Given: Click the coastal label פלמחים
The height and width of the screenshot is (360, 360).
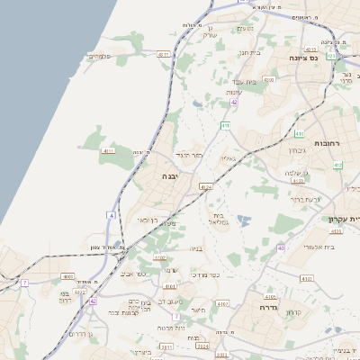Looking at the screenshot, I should pyautogui.click(x=99, y=57).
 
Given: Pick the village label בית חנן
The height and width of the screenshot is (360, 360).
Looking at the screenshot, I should pyautogui.click(x=249, y=52).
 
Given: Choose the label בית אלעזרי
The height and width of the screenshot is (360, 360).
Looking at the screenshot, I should pyautogui.click(x=317, y=245).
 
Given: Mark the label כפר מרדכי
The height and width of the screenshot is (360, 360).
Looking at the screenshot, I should pyautogui.click(x=206, y=273).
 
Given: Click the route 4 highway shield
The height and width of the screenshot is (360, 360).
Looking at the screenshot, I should pyautogui.click(x=110, y=215).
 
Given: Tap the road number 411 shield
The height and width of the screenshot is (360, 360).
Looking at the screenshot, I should pyautogui.click(x=224, y=125).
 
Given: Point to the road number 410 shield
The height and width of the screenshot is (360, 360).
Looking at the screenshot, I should pyautogui.click(x=337, y=165).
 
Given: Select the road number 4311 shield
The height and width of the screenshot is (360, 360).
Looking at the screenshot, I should pyautogui.click(x=163, y=55).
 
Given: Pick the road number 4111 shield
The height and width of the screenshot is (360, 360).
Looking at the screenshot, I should pyautogui.click(x=108, y=151).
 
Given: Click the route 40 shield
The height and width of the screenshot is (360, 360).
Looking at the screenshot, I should pyautogui.click(x=281, y=247).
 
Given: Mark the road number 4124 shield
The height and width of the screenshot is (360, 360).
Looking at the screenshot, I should pyautogui.click(x=206, y=187).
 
